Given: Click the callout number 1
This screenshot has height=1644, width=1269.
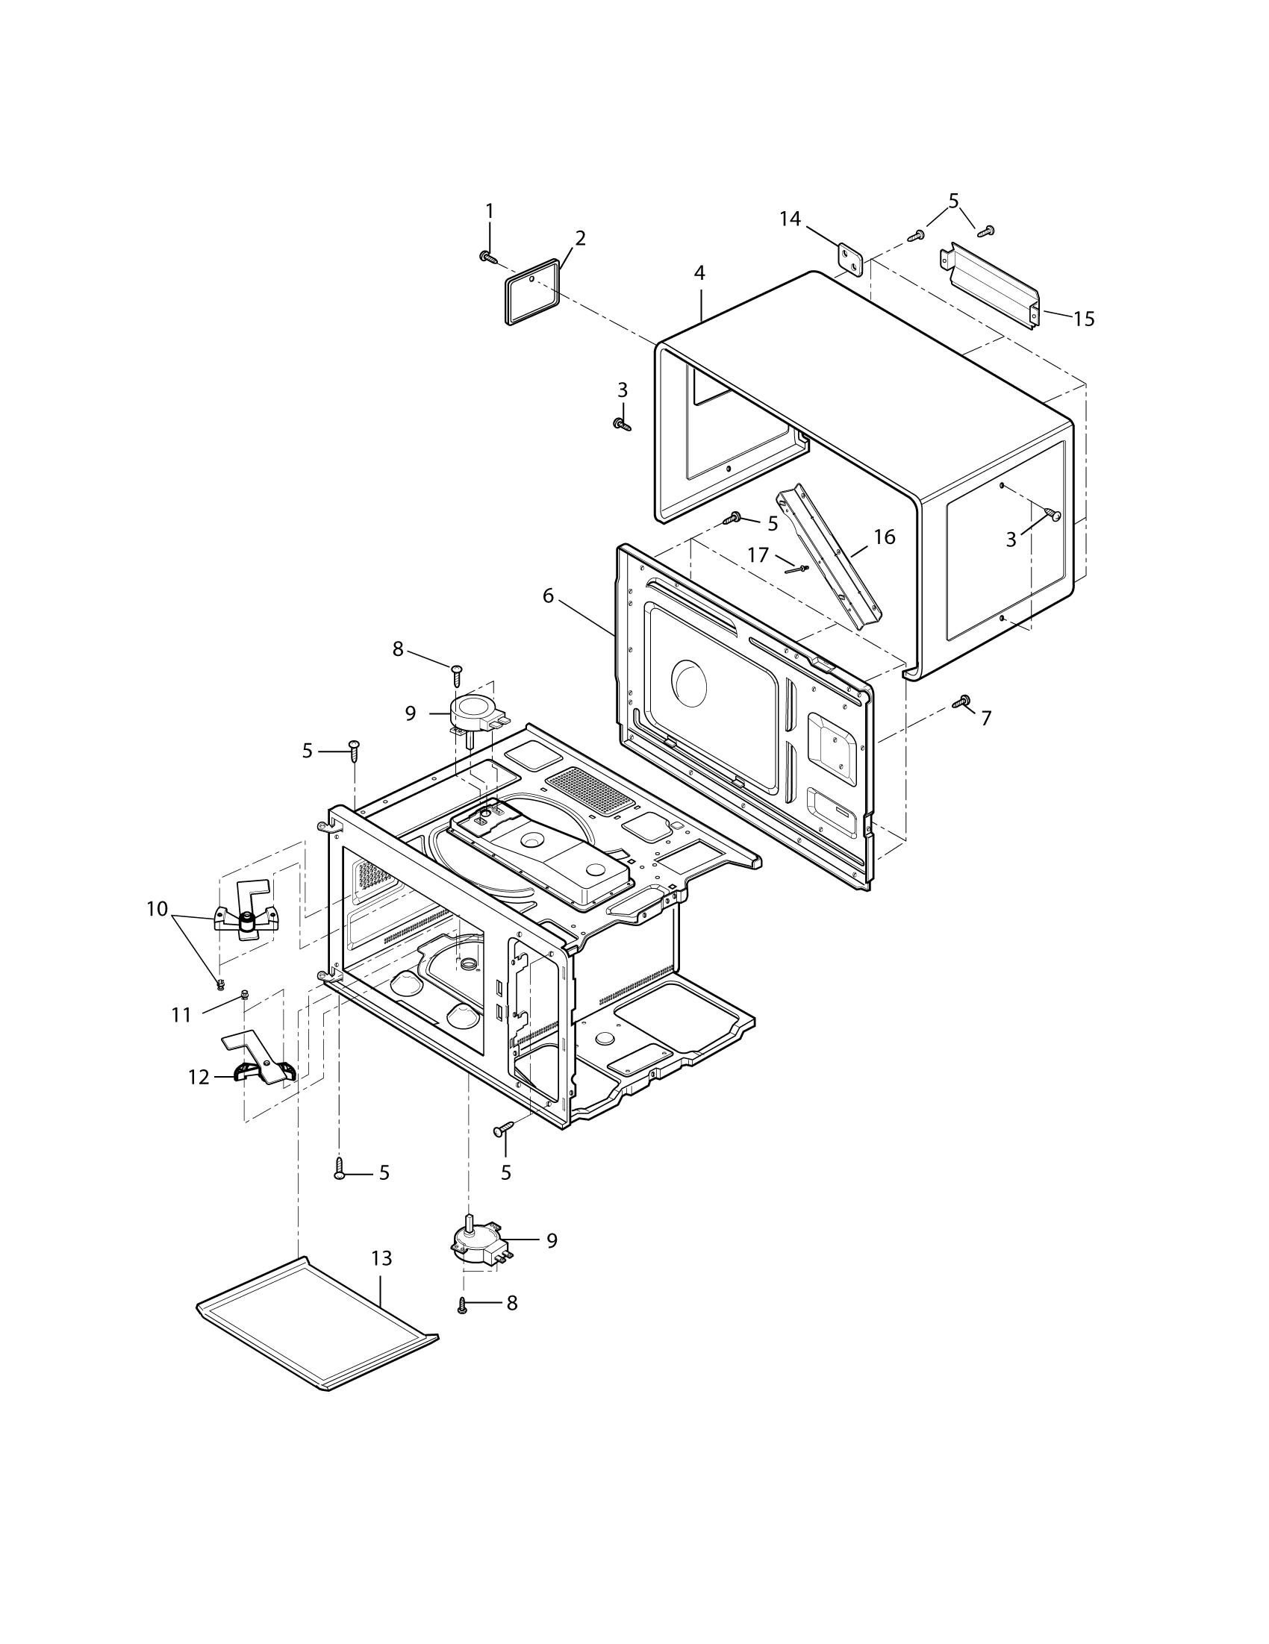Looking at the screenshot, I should pyautogui.click(x=490, y=210).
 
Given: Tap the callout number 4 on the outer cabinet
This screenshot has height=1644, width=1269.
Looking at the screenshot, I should pyautogui.click(x=699, y=273).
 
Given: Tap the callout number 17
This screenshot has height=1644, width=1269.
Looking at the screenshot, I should pyautogui.click(x=758, y=554).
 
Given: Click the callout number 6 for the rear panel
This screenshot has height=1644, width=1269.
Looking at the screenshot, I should pyautogui.click(x=547, y=596).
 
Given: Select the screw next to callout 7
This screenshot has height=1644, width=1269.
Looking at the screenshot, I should pyautogui.click(x=961, y=701).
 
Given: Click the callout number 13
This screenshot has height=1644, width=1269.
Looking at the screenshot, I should pyautogui.click(x=382, y=1258).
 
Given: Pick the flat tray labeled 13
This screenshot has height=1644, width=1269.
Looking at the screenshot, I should pyautogui.click(x=317, y=1330).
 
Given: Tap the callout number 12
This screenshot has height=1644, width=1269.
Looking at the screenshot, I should pyautogui.click(x=198, y=1077).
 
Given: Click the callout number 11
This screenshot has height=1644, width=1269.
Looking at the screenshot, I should pyautogui.click(x=181, y=1016).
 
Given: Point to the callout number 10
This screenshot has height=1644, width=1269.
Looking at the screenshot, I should pyautogui.click(x=157, y=910).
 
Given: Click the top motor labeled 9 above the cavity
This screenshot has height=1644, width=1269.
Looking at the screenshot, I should pyautogui.click(x=473, y=711).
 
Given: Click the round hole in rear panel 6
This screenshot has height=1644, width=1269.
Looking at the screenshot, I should pyautogui.click(x=690, y=681).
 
